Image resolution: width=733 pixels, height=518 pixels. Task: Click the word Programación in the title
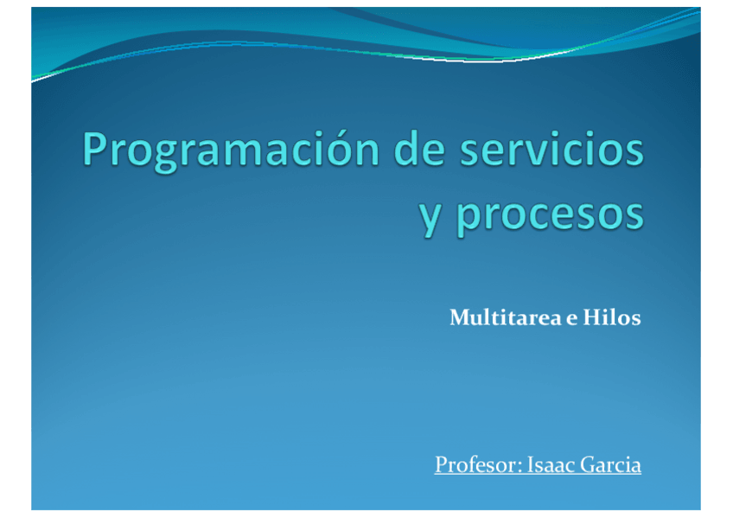(231, 151)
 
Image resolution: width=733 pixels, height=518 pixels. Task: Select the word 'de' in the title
(419, 149)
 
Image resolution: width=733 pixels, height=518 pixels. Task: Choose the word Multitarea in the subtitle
(506, 317)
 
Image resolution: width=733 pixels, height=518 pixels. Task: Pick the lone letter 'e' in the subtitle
(571, 320)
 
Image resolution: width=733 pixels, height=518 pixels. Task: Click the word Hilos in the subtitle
(611, 317)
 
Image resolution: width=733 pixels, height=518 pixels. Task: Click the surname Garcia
(610, 464)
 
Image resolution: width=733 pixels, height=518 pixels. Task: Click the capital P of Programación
(95, 149)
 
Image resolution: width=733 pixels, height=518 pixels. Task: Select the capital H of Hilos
(592, 317)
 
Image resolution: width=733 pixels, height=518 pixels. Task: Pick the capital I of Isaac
(531, 464)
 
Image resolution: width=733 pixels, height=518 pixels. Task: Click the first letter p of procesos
(468, 221)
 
